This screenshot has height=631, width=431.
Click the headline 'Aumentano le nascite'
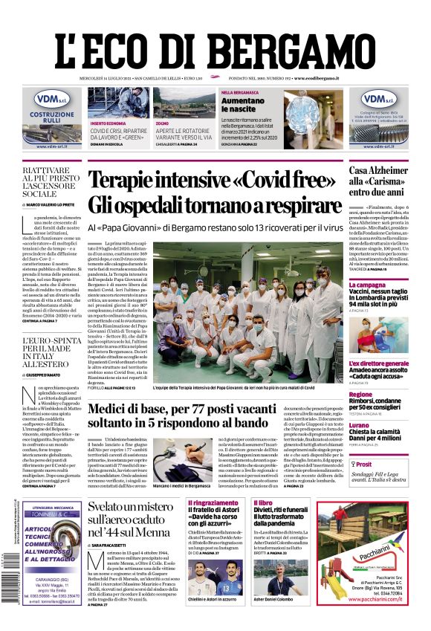[221, 105]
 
